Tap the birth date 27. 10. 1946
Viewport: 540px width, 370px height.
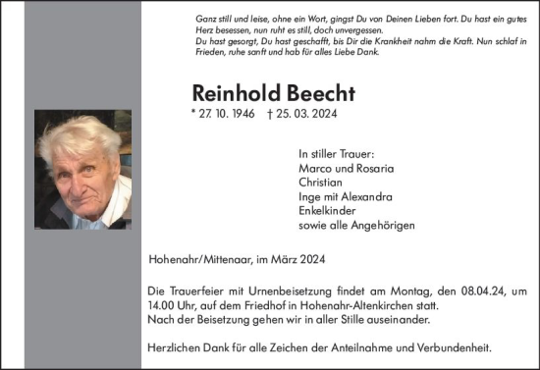point(232,115)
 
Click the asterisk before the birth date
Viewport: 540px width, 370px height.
point(194,114)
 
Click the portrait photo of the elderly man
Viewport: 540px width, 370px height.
point(82,169)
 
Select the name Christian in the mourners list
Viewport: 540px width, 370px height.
point(319,182)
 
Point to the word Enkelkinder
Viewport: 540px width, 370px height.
point(327,211)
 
